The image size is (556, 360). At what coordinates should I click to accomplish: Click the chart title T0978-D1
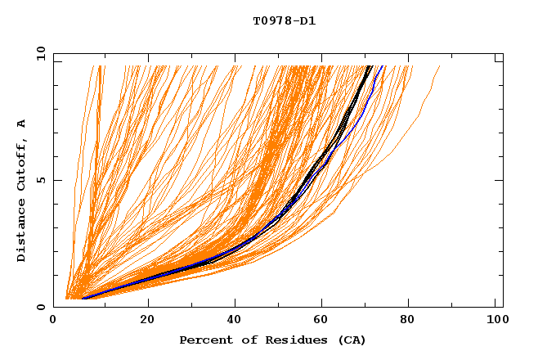284,21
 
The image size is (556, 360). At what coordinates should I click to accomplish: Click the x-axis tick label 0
53,321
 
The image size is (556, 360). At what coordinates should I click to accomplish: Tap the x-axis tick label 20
142,321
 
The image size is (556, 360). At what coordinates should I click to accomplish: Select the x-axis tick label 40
231,321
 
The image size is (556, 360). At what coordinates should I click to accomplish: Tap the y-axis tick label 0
41,307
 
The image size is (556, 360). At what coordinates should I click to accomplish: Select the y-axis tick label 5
41,180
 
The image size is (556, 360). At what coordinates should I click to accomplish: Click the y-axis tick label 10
38,53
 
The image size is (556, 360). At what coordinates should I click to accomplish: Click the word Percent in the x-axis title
203,340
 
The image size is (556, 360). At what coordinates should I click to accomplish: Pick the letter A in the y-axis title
22,123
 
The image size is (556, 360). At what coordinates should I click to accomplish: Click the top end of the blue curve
383,66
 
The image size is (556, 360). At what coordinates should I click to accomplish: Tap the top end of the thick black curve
370,66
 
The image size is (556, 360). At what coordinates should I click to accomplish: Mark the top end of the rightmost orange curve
440,66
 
